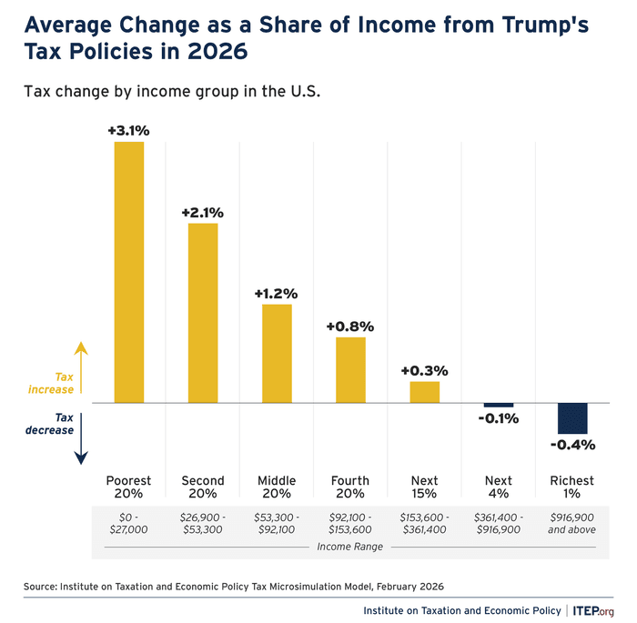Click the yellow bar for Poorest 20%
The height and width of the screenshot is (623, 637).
click(x=128, y=272)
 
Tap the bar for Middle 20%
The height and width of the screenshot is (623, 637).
click(x=277, y=353)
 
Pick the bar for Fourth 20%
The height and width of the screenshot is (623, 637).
click(x=350, y=369)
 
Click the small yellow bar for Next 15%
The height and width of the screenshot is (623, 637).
click(x=424, y=391)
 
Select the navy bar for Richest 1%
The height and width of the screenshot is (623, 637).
click(x=572, y=418)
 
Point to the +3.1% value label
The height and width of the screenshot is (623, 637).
click(x=128, y=131)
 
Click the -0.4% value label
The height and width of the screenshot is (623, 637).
click(x=572, y=445)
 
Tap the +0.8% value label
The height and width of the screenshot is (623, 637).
click(x=350, y=327)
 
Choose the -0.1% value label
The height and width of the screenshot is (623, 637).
click(x=499, y=419)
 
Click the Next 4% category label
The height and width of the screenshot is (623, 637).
click(x=499, y=487)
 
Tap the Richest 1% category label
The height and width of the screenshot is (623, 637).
click(x=572, y=487)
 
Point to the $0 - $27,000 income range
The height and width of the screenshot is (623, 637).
click(x=128, y=523)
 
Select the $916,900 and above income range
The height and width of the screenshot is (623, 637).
click(x=572, y=523)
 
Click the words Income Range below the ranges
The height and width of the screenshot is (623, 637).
click(x=350, y=547)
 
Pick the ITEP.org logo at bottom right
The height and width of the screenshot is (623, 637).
click(x=595, y=609)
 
